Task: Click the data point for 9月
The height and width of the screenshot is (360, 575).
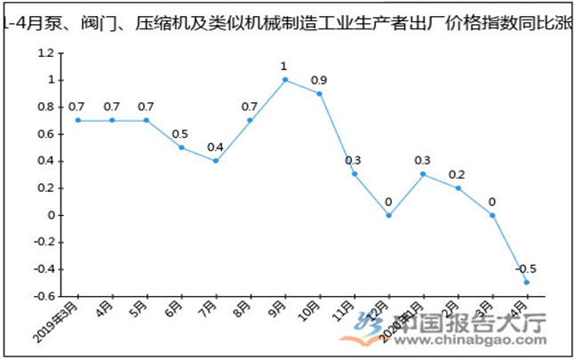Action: (284, 79)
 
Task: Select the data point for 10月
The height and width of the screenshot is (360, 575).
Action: (319, 93)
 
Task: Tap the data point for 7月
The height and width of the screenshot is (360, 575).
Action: (215, 161)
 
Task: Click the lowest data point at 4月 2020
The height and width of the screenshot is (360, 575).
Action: (527, 283)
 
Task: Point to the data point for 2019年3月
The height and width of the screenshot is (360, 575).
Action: (77, 120)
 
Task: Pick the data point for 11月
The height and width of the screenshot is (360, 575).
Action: (354, 173)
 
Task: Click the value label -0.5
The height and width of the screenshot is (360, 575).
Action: (525, 269)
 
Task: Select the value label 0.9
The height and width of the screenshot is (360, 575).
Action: (319, 80)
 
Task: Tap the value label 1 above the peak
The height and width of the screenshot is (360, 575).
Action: (284, 67)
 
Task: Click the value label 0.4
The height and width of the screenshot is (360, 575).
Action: (215, 148)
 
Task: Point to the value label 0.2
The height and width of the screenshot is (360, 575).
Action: (457, 174)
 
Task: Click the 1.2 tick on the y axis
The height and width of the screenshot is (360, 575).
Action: (46, 52)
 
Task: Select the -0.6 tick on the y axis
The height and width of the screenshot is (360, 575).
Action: (44, 296)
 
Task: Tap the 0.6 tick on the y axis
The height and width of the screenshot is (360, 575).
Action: (46, 133)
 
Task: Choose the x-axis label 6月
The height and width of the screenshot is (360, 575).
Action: (173, 311)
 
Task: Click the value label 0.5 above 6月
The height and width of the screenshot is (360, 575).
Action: (180, 134)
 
